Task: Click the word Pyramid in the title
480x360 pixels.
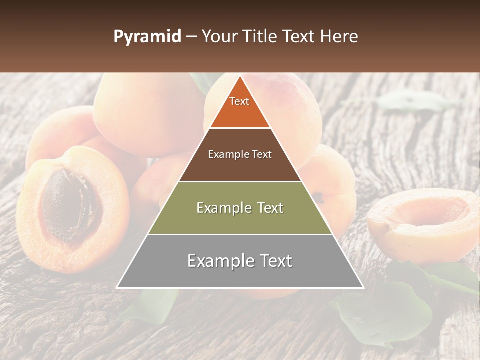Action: (x=147, y=37)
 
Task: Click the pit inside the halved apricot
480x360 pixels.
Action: (x=70, y=205)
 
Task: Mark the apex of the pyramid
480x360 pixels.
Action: (x=240, y=76)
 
